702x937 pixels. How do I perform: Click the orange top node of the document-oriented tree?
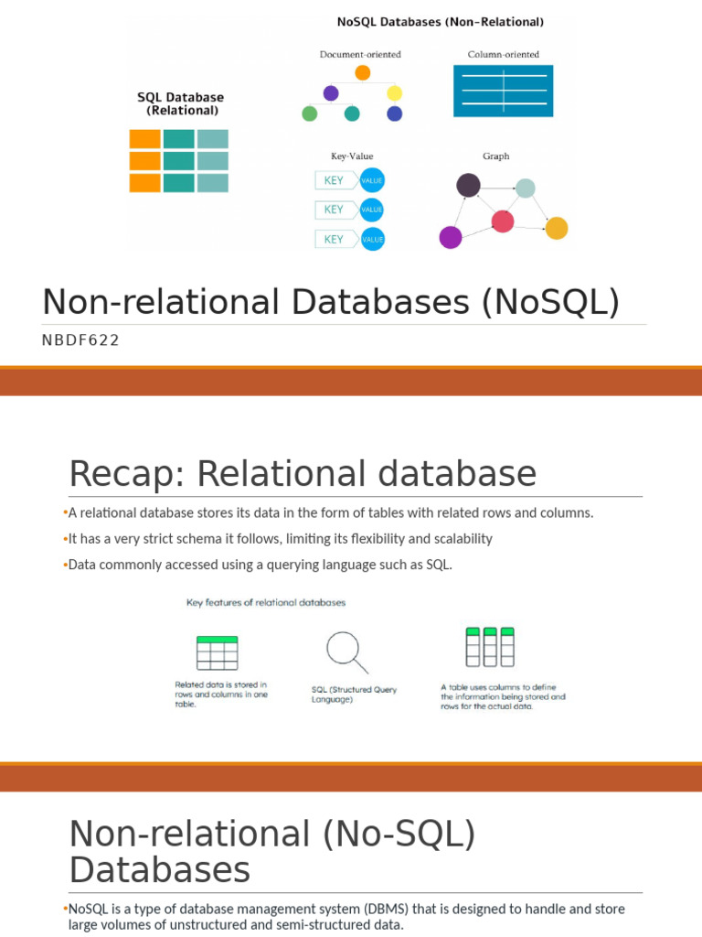pos(362,73)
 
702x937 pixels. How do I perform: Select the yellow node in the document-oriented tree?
pos(395,93)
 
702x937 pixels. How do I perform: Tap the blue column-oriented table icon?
pos(504,91)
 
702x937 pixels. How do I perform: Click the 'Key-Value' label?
pos(352,156)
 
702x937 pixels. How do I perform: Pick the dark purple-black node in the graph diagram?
pos(469,185)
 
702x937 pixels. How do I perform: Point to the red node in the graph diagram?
pos(503,221)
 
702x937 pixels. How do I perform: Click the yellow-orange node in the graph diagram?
pos(557,228)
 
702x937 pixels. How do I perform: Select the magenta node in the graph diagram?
pos(451,237)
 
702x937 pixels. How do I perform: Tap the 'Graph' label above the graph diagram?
pos(496,156)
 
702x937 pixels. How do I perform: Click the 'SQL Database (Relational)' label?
pos(181,103)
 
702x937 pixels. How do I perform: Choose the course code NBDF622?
pos(80,340)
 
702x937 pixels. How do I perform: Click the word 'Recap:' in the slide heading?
pos(127,474)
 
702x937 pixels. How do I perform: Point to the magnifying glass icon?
pos(346,652)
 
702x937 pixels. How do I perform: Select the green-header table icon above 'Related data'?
pos(218,652)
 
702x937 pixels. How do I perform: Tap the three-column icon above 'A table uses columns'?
pos(490,647)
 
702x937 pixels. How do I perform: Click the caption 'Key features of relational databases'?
pos(266,602)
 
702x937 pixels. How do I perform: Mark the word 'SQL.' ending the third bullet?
pos(440,565)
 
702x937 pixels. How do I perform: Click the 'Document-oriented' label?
pos(360,54)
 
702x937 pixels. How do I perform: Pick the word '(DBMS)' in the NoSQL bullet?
pos(387,909)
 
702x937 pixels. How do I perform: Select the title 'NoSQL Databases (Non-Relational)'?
pos(441,22)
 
